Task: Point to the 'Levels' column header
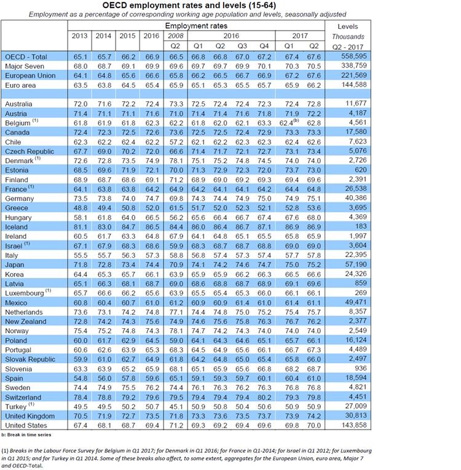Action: [x=347, y=26]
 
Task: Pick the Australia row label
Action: [x=20, y=105]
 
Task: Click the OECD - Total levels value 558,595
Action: [x=349, y=56]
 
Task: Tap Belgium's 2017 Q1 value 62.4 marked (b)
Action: [x=290, y=123]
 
